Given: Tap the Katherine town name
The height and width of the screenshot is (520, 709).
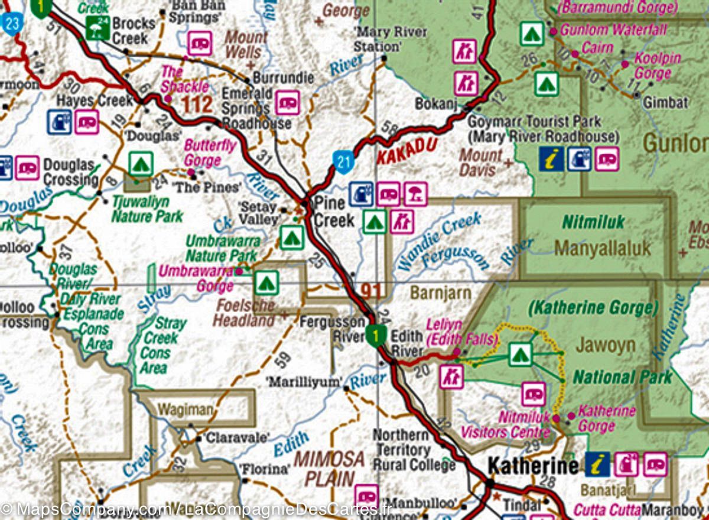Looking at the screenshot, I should (x=534, y=466).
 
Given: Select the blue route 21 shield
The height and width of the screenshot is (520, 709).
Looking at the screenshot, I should (x=343, y=161).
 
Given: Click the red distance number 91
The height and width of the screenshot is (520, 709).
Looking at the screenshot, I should (x=371, y=291).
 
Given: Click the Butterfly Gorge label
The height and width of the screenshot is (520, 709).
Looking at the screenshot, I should (x=210, y=152).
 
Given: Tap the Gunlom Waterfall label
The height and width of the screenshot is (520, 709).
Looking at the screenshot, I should (x=613, y=29).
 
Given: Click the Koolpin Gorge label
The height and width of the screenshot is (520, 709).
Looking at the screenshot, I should (x=656, y=66).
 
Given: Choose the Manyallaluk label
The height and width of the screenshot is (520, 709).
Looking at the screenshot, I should (x=602, y=248).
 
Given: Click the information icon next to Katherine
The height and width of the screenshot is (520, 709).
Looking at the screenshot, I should (x=597, y=464).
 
